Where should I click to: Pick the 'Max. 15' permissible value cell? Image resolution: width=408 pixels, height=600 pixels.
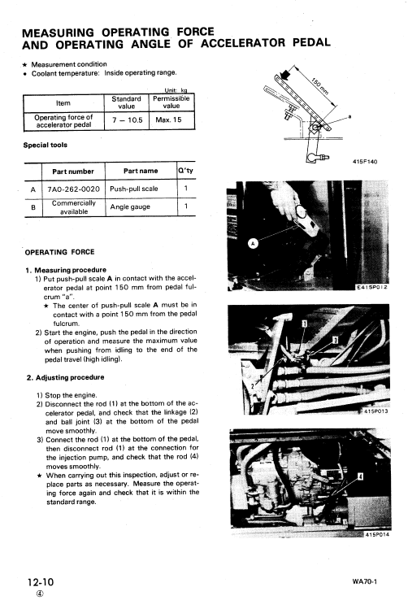[171, 120]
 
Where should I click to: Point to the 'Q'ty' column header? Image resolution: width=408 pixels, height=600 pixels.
[186, 171]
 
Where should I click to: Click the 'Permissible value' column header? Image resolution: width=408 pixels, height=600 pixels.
[171, 102]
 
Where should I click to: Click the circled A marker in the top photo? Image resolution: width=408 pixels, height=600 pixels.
[252, 242]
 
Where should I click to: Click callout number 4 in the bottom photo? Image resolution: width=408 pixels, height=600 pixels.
[360, 475]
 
